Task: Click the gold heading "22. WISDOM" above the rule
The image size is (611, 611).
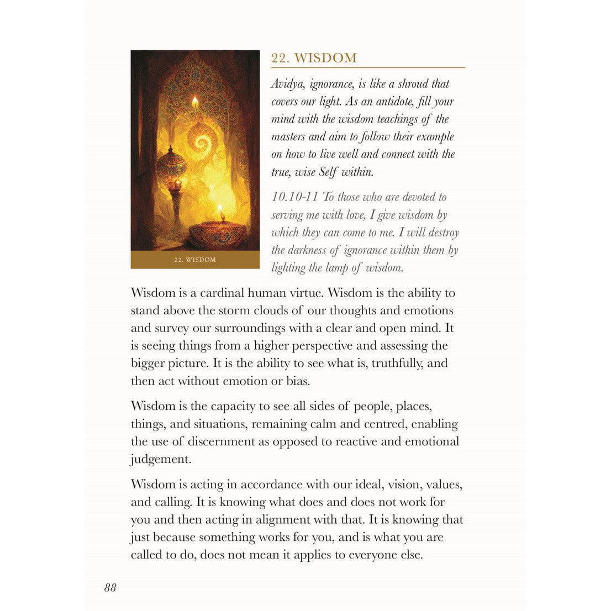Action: point(314,58)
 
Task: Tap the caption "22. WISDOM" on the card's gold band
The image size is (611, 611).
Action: point(195,260)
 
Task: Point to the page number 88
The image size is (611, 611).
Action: point(110,587)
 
